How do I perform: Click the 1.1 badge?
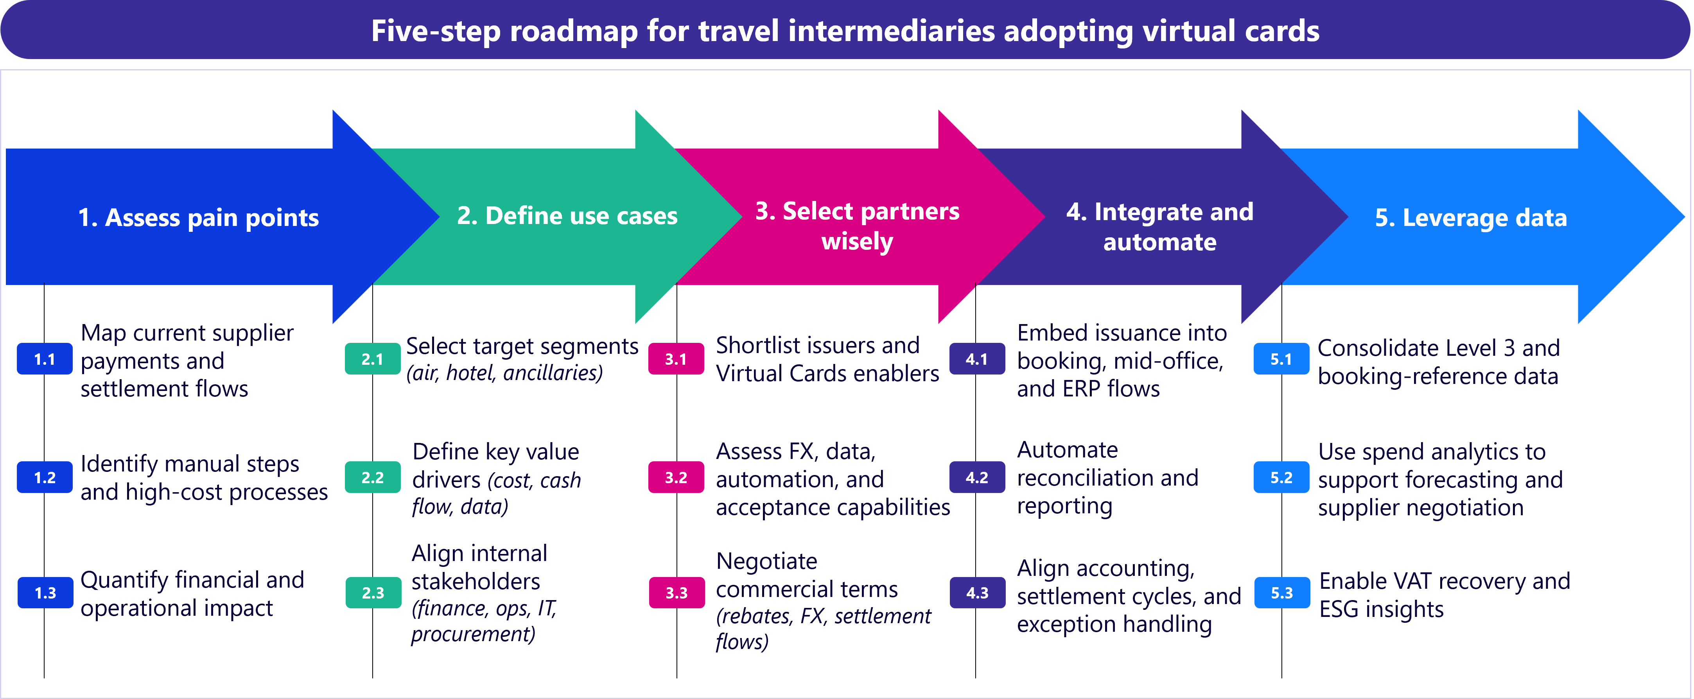pos(45,359)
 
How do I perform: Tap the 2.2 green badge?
pos(372,477)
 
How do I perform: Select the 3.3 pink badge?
pos(676,593)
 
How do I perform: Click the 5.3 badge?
pos(1282,593)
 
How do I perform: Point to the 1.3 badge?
pos(45,593)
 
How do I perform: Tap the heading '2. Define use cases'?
pos(567,216)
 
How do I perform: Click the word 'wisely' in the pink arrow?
pos(857,241)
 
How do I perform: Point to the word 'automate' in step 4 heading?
pos(1159,242)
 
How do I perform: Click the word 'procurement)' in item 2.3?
pos(473,634)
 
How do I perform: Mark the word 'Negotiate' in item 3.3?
pos(766,561)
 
